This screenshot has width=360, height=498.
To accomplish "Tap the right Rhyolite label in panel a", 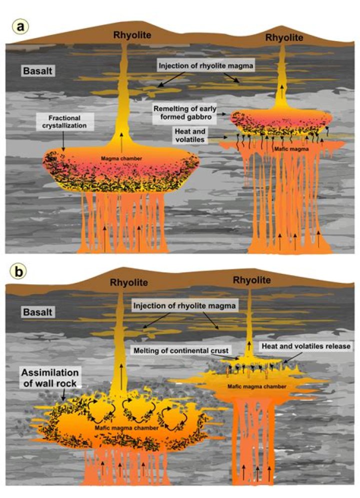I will pyautogui.click(x=284, y=38).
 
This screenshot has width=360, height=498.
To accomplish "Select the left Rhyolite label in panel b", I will pyautogui.click(x=129, y=282).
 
